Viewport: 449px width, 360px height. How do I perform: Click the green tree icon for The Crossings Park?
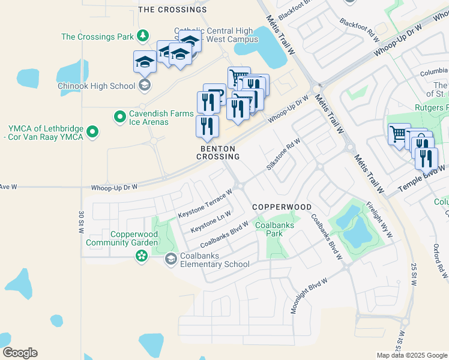(143, 37)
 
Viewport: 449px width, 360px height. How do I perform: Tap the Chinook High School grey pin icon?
(144, 85)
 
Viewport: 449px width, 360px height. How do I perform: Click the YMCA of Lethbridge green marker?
(92, 131)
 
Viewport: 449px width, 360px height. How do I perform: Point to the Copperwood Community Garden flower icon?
(141, 257)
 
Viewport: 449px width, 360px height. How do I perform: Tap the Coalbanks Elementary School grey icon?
(171, 259)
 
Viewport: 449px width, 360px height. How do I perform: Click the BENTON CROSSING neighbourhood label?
(218, 152)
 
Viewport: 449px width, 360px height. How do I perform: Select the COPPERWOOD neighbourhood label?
(282, 207)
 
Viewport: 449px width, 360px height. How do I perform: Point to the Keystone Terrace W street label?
(205, 205)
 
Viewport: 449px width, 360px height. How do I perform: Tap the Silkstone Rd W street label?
(283, 153)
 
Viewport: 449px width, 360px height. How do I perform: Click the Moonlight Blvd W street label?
(309, 296)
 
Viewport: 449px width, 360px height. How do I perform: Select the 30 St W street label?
(80, 222)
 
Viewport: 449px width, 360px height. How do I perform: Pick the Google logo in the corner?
(20, 353)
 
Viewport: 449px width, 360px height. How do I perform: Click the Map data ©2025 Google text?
(411, 355)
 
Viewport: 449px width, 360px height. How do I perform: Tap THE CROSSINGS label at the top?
(172, 10)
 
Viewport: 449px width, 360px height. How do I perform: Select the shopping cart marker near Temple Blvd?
(399, 134)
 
